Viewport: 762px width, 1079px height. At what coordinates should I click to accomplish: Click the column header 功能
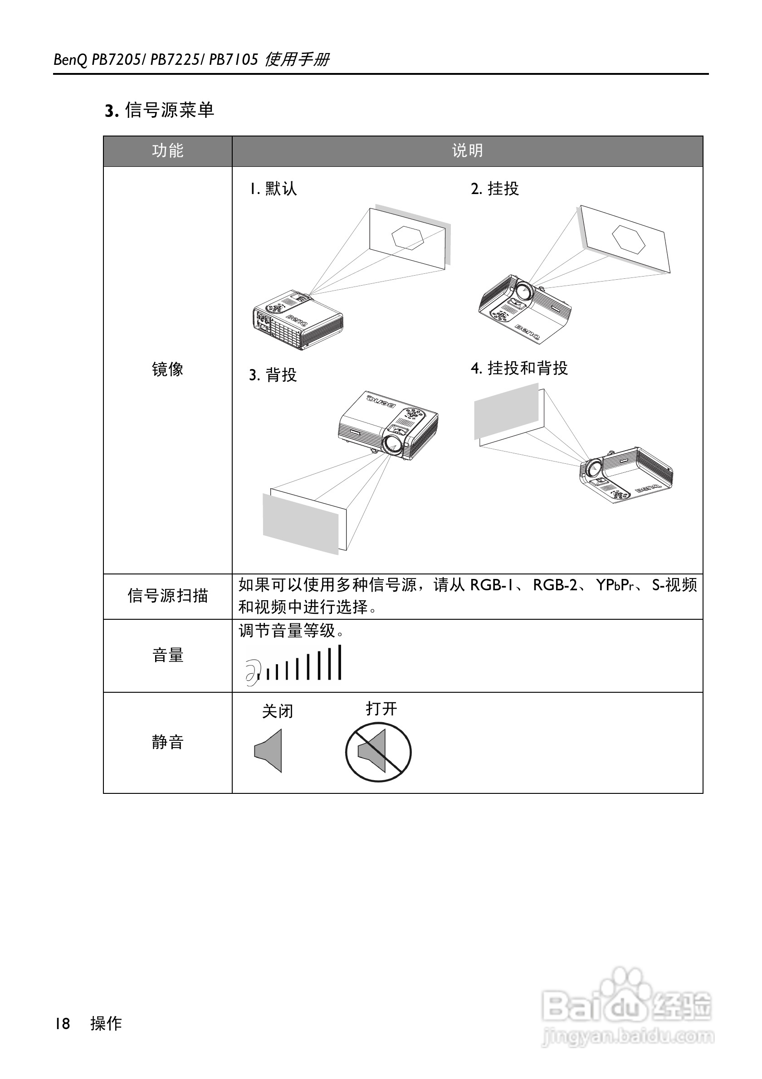tap(167, 151)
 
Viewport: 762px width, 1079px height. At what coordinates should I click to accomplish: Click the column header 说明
tap(467, 151)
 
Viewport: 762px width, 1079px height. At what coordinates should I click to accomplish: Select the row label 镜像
tap(167, 369)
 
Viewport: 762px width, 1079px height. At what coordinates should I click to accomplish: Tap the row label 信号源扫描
tap(167, 596)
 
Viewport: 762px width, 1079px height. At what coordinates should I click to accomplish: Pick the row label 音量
tap(167, 655)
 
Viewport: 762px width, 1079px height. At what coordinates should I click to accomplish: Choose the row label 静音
tap(167, 742)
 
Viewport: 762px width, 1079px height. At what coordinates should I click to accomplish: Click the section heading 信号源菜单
tap(169, 111)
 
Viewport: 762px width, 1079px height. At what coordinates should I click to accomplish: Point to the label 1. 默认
tap(273, 189)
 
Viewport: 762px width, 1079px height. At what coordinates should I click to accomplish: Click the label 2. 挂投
tap(494, 189)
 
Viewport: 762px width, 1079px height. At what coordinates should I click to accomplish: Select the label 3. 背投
tap(273, 375)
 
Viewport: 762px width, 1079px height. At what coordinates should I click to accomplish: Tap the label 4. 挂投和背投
tap(519, 368)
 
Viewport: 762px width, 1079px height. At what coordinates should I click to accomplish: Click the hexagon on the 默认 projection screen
tap(408, 237)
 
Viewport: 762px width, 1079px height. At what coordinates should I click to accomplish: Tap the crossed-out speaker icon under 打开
tap(378, 752)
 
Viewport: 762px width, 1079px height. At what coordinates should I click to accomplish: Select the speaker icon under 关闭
tap(269, 750)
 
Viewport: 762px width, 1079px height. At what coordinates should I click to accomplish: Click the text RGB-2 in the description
tap(555, 585)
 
